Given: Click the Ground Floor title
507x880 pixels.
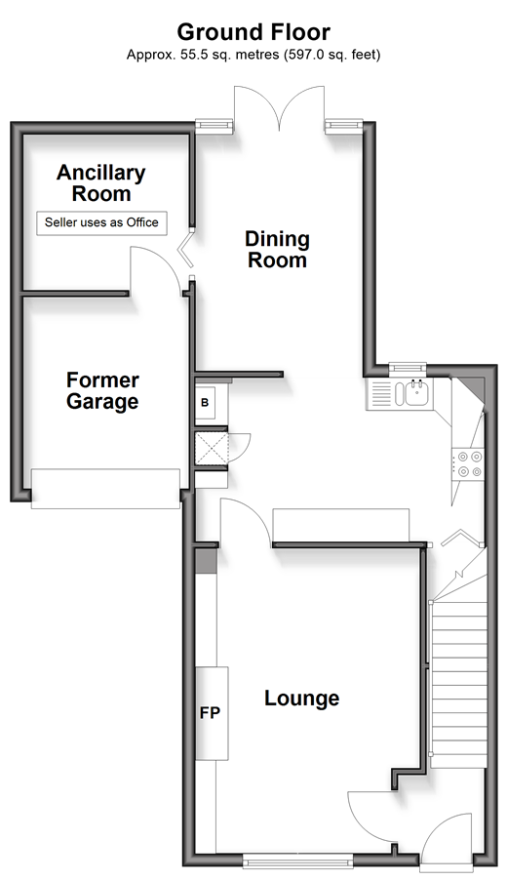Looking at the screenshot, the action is coord(253,32).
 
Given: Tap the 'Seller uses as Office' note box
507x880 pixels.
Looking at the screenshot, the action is coord(101,222).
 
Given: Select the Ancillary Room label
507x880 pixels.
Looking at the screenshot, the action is coord(101,183).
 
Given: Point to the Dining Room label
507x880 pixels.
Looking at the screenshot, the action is coord(277,249).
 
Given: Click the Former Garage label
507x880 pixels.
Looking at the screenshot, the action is coord(102,390).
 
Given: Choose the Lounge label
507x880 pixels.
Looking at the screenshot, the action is coord(301,699).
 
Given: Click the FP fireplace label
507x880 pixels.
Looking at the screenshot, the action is coord(211,713).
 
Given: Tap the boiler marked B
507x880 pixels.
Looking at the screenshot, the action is coord(206,403).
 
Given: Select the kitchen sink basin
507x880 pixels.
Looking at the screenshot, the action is coord(415,392).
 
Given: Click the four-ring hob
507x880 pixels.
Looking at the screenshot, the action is coord(469,464).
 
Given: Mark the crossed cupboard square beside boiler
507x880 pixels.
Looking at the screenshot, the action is coord(212,449).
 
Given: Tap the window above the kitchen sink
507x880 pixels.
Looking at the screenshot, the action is coord(408,369).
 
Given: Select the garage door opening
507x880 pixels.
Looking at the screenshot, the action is coord(105,489).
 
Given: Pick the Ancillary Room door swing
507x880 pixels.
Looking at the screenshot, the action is coord(156,269).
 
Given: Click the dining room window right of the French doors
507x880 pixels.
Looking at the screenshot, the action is coord(343,126).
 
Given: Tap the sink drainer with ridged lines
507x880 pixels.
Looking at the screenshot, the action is coord(380,393).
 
